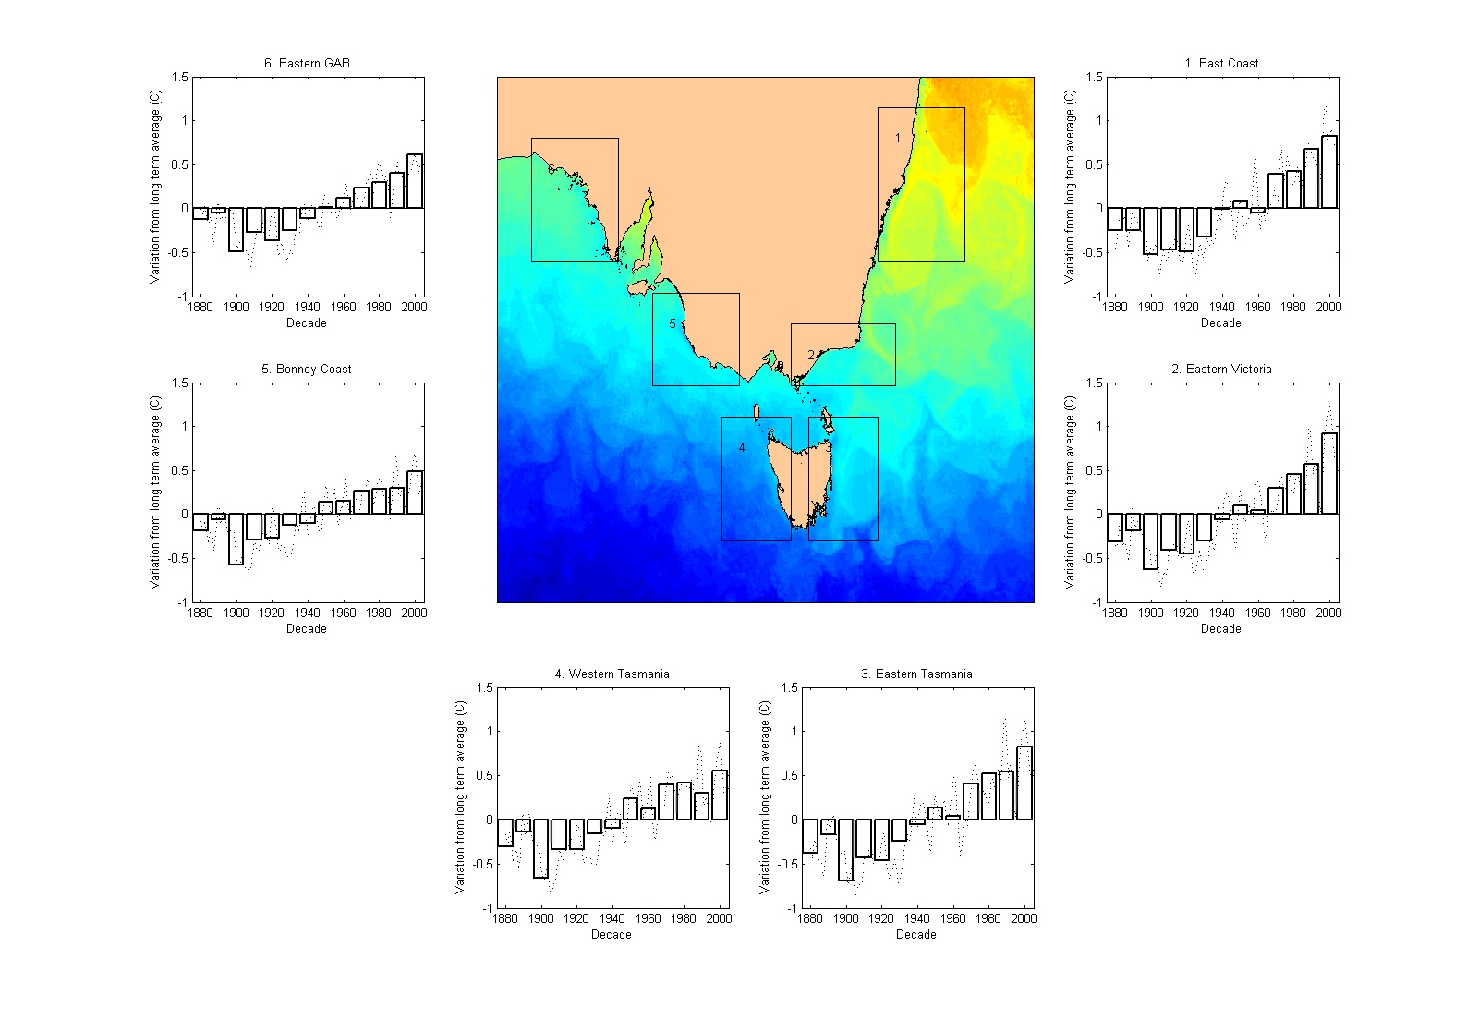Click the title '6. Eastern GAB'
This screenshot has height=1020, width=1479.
[307, 63]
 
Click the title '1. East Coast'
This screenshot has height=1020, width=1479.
[1221, 63]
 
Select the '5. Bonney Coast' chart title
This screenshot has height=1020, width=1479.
[307, 369]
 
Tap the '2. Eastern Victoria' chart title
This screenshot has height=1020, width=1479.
[1221, 369]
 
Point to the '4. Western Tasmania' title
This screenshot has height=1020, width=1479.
[612, 674]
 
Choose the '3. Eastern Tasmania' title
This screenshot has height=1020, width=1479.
[916, 674]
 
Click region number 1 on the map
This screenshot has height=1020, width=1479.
[897, 139]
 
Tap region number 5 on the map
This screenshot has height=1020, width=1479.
[673, 324]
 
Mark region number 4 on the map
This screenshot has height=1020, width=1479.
[742, 448]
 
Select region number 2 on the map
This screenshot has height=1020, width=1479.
[811, 355]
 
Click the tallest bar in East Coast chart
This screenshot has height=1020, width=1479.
[1328, 172]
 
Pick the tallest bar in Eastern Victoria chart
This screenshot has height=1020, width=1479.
[1328, 473]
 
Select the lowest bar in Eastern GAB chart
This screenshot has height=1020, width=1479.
[236, 229]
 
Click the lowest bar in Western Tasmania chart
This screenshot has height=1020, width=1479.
[540, 848]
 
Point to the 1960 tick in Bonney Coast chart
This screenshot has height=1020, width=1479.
[343, 613]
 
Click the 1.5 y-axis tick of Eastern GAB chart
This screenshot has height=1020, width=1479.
[179, 78]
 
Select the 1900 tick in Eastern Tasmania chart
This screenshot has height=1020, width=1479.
[845, 918]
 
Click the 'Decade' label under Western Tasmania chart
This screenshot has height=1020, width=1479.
[612, 934]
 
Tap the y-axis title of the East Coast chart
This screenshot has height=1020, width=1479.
[1069, 187]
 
